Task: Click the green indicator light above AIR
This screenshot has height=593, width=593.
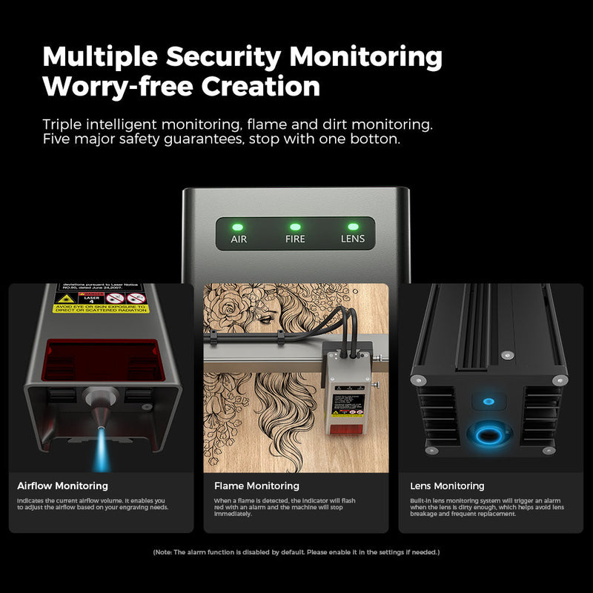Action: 238,227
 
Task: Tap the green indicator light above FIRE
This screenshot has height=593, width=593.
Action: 295,227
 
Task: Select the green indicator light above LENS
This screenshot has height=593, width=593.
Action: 353,227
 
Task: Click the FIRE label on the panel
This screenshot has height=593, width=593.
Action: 295,239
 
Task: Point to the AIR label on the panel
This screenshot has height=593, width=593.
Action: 239,239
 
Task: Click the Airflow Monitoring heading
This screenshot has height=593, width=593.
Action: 62,486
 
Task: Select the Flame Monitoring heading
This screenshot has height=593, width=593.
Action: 256,486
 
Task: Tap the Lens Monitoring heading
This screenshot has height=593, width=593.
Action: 447,486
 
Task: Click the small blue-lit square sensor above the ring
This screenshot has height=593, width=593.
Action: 488,401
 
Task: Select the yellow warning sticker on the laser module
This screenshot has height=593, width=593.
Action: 102,302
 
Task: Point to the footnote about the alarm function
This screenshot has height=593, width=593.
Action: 296,552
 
